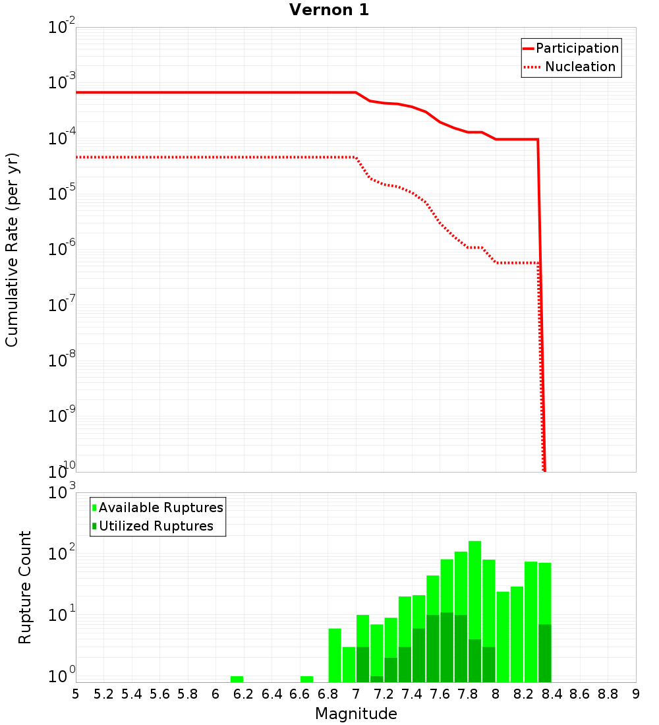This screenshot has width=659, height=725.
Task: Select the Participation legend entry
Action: pyautogui.click(x=577, y=48)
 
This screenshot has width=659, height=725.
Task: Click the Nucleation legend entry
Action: pyautogui.click(x=579, y=67)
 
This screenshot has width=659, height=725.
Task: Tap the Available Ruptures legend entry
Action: pyautogui.click(x=161, y=507)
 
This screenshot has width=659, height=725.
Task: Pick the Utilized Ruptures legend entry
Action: pyautogui.click(x=156, y=526)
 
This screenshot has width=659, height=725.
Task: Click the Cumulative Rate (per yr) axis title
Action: pyautogui.click(x=12, y=249)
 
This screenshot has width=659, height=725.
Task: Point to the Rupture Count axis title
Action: pyautogui.click(x=25, y=587)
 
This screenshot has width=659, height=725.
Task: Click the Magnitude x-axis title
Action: pyautogui.click(x=356, y=714)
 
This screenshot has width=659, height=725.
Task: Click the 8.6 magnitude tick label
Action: pyautogui.click(x=580, y=694)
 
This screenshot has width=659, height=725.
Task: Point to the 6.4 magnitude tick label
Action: pyautogui.click(x=272, y=694)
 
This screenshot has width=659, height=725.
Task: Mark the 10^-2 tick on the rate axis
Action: pyautogui.click(x=63, y=28)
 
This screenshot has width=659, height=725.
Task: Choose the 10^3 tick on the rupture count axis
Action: pyautogui.click(x=63, y=492)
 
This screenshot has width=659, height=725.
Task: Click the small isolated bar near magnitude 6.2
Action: pyautogui.click(x=237, y=679)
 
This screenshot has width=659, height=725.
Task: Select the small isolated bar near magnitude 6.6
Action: pyautogui.click(x=306, y=679)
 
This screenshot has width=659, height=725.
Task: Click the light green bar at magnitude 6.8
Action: pyautogui.click(x=335, y=655)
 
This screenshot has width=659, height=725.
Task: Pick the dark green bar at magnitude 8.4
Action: pyautogui.click(x=545, y=652)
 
